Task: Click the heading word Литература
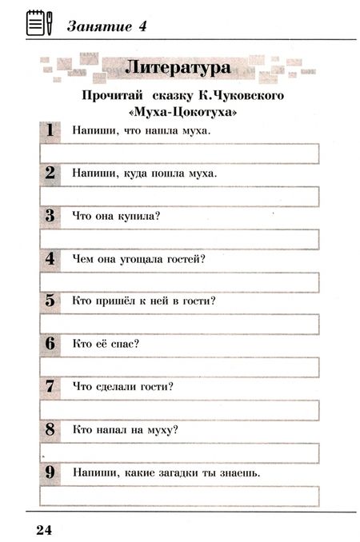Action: click(x=180, y=67)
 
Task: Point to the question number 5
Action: click(x=49, y=301)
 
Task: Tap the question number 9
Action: click(x=49, y=473)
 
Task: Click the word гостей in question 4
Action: click(x=189, y=258)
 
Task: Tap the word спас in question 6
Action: click(x=126, y=344)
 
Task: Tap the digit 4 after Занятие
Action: click(x=143, y=25)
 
